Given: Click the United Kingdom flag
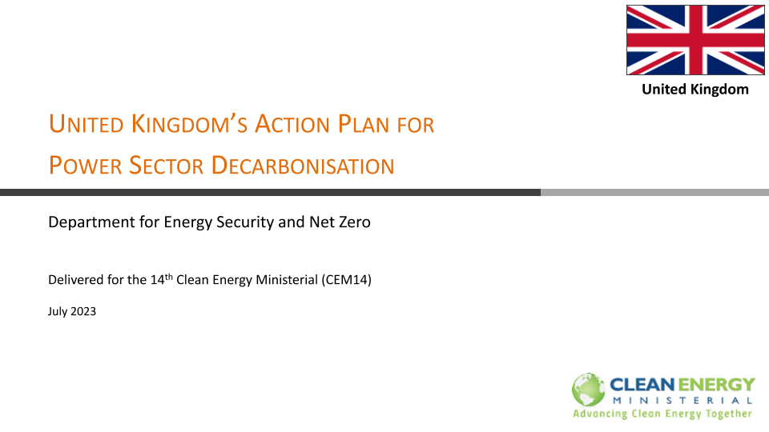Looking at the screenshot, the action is click(695, 40).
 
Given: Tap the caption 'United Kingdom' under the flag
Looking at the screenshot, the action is click(695, 89).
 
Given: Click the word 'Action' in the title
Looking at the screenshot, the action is click(292, 124).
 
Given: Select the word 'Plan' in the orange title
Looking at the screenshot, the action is click(364, 124).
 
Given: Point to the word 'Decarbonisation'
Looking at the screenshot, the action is click(303, 166).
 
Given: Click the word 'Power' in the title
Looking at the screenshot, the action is click(85, 166).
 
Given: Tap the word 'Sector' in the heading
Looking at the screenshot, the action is click(167, 166).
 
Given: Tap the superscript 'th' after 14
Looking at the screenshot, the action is click(169, 277).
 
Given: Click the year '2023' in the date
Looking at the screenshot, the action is click(83, 311).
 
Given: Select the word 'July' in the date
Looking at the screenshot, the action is click(58, 311).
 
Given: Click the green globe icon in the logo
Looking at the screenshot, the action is click(588, 390).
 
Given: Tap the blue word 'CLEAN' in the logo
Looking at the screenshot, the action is click(642, 385).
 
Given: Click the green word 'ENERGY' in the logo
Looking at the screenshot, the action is click(715, 385).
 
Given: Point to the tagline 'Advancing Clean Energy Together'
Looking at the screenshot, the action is click(662, 414).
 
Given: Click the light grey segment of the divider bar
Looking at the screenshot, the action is click(654, 193).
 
